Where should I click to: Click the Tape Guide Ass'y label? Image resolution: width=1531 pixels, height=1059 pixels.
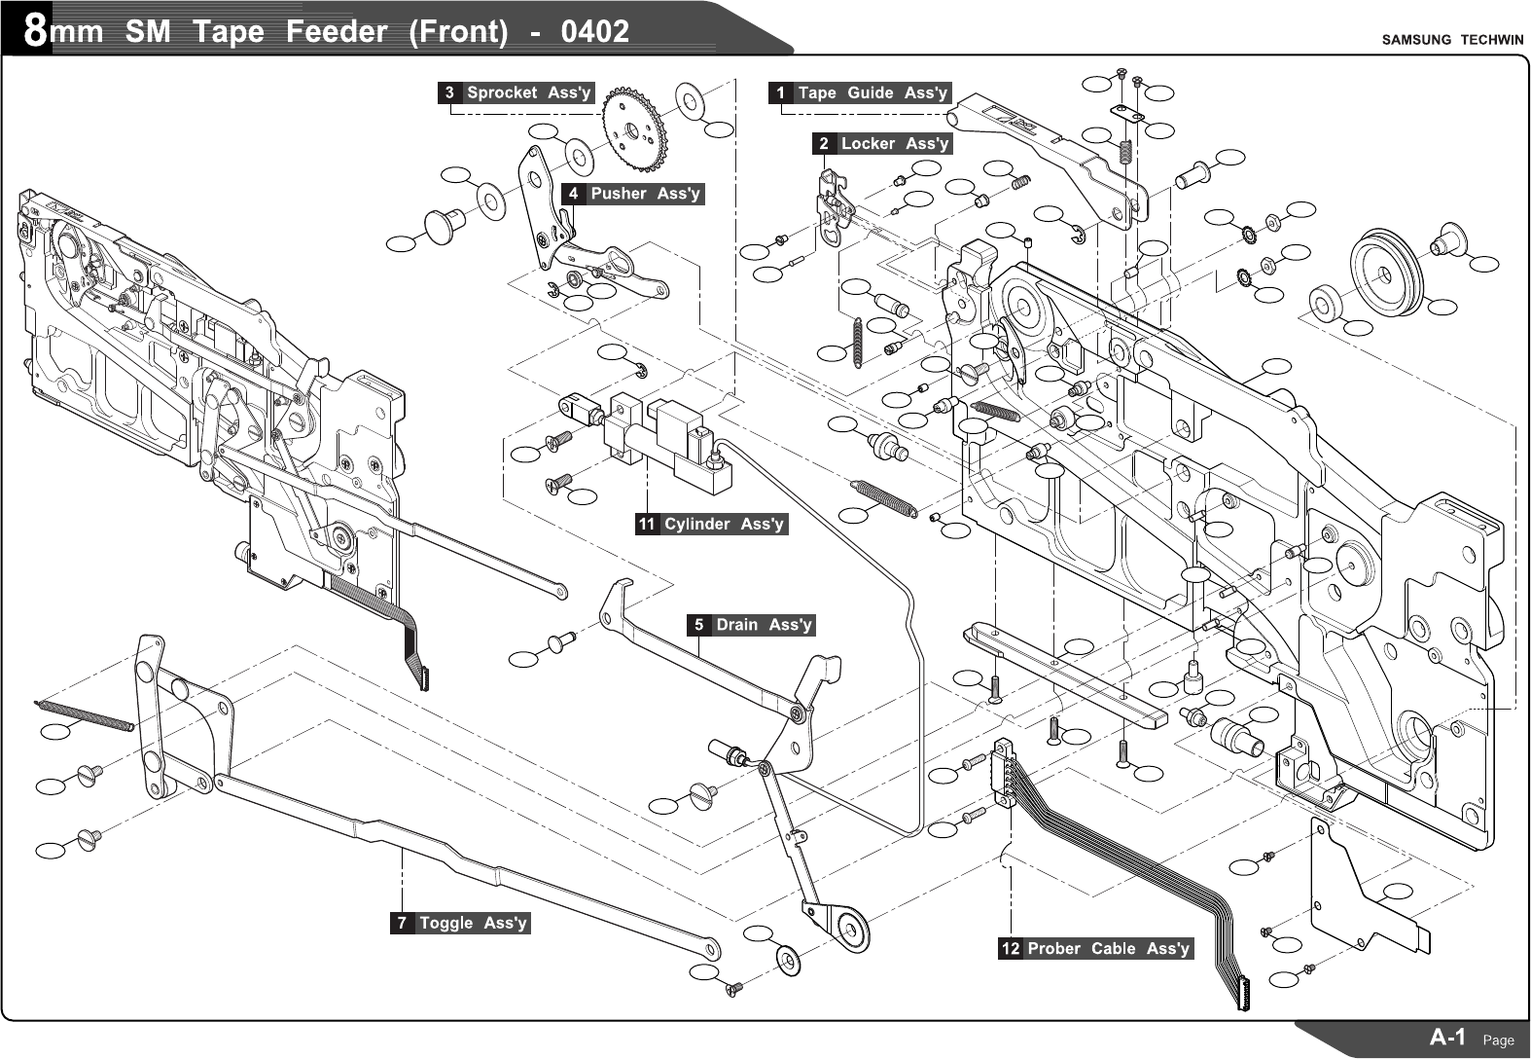[872, 93]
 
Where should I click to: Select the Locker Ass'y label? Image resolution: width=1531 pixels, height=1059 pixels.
[894, 144]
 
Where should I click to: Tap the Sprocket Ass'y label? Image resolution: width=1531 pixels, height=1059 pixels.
[528, 93]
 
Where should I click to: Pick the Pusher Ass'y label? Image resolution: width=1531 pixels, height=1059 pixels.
[645, 194]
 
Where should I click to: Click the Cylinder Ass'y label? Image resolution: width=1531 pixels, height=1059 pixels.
[723, 525]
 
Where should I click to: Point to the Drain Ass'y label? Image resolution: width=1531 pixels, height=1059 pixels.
[764, 625]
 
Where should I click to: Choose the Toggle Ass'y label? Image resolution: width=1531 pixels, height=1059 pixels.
[473, 923]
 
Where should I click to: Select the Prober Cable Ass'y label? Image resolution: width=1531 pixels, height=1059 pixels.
[1108, 949]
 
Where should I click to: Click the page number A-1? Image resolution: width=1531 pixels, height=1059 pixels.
[1447, 1037]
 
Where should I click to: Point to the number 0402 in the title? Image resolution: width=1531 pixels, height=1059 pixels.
[594, 31]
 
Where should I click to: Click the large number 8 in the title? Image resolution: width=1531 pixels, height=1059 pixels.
[35, 31]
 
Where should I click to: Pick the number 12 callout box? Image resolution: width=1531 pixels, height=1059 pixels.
[1011, 949]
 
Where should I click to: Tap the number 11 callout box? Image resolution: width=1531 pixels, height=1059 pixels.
[647, 525]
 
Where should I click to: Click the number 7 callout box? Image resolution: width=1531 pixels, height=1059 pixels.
[402, 923]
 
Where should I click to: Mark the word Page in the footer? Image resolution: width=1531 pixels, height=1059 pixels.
[1498, 1041]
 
